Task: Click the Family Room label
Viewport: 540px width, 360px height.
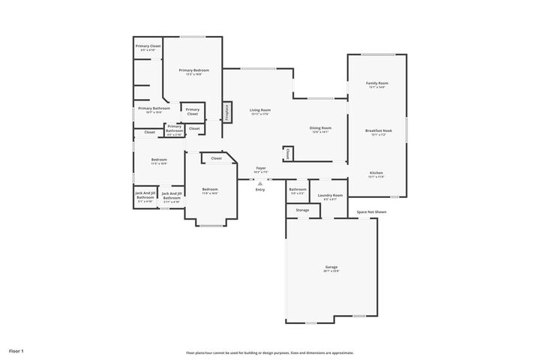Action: pos(376,82)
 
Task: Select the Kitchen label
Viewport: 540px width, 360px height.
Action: pos(376,172)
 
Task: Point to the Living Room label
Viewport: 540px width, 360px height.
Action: pos(260,110)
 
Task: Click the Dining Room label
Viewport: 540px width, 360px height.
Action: pos(320,127)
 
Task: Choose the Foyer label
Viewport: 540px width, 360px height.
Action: pos(261,168)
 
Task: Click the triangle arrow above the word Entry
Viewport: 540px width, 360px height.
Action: pos(260,182)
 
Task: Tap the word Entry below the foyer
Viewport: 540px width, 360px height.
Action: pos(260,189)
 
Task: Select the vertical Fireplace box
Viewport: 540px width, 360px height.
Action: pos(226,112)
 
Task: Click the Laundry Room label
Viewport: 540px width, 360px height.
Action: pos(330,195)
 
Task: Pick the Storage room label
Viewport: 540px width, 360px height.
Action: pos(302,210)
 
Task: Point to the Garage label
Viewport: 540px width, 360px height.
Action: pos(331,267)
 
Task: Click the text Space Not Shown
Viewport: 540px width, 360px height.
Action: pos(371,212)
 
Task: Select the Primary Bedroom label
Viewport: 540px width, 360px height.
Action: pos(193,70)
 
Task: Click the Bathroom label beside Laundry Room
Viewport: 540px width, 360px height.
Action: pos(298,189)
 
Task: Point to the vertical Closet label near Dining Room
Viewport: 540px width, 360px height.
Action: pos(288,154)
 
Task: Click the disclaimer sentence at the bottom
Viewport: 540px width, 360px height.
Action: pos(270,352)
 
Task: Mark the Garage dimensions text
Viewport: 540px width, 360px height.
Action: pos(331,271)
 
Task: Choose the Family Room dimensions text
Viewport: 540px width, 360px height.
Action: pos(376,87)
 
